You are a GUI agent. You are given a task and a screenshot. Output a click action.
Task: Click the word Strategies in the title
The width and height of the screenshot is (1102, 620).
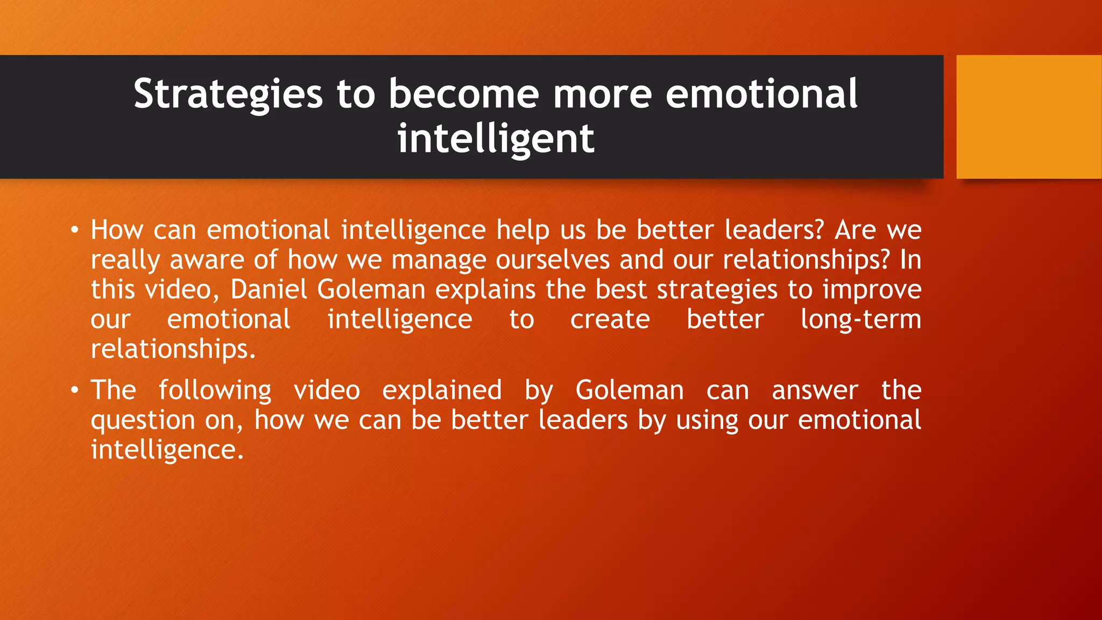[x=228, y=95]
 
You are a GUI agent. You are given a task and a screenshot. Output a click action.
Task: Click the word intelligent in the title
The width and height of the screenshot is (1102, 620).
[x=496, y=139]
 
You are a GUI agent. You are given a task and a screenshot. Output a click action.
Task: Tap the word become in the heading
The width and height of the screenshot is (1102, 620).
[x=463, y=94]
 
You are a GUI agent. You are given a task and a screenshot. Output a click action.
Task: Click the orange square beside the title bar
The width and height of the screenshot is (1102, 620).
[x=1028, y=117]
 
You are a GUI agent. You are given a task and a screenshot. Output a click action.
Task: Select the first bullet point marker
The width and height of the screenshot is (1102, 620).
[x=75, y=230]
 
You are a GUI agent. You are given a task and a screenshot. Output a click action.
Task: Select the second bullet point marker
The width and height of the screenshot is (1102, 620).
[x=75, y=390]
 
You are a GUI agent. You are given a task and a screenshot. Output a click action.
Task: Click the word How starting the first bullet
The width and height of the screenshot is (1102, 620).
[x=117, y=230]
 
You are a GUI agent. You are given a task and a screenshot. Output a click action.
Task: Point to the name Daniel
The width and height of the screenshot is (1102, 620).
[x=269, y=290]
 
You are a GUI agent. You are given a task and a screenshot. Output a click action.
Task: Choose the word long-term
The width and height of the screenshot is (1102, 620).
[x=860, y=320]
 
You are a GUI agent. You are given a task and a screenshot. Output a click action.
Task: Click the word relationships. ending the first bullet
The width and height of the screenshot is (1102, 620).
[x=173, y=349]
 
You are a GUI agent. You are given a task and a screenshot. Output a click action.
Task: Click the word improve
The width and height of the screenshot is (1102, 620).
[x=872, y=290]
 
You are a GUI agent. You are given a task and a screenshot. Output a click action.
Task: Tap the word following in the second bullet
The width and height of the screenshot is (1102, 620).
[x=215, y=390]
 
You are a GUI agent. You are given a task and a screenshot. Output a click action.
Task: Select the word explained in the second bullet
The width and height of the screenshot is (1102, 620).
[x=442, y=390]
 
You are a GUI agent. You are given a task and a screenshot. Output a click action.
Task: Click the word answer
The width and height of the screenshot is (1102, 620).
[x=815, y=390]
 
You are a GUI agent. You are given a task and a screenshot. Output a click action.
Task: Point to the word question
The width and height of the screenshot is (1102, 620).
[x=143, y=420]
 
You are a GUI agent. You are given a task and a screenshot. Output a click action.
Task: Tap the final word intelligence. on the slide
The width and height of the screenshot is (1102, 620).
[x=167, y=450]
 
